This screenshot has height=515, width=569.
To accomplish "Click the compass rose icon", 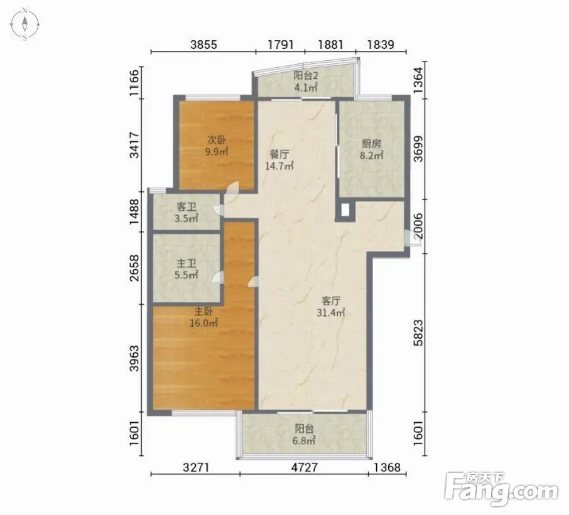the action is pyautogui.click(x=24, y=24).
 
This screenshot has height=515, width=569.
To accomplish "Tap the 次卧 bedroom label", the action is pyautogui.click(x=217, y=139).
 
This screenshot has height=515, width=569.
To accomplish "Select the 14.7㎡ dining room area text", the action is pyautogui.click(x=279, y=166).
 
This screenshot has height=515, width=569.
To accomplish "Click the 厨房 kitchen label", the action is pyautogui.click(x=372, y=144).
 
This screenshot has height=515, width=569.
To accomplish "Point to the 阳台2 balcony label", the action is pyautogui.click(x=306, y=76).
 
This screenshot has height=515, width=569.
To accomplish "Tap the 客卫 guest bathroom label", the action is pyautogui.click(x=186, y=207).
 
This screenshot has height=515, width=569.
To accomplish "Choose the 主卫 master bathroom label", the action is pyautogui.click(x=186, y=263).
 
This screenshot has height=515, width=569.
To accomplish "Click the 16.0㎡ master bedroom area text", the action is pyautogui.click(x=203, y=322).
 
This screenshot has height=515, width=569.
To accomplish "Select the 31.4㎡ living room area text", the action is pyautogui.click(x=330, y=312).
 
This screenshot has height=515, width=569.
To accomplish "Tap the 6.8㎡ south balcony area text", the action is pyautogui.click(x=304, y=440).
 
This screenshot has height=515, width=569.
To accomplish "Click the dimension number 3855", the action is pyautogui.click(x=203, y=45).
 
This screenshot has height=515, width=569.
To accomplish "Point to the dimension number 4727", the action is pyautogui.click(x=304, y=467).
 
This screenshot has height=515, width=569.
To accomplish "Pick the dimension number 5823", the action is pyautogui.click(x=418, y=332).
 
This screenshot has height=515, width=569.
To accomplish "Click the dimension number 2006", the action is pyautogui.click(x=418, y=226).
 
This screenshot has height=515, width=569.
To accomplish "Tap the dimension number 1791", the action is pyautogui.click(x=281, y=45).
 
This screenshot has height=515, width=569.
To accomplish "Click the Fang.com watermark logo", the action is pyautogui.click(x=501, y=489).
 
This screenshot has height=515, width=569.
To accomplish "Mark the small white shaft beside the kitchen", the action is pyautogui.click(x=345, y=210).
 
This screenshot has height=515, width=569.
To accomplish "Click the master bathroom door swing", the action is pyautogui.click(x=217, y=277).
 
